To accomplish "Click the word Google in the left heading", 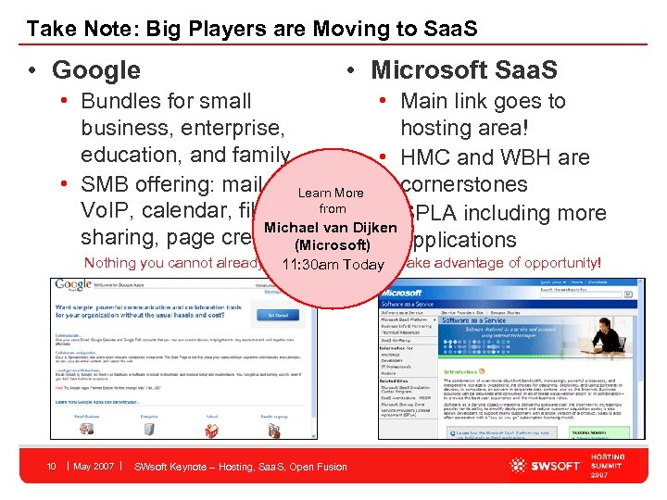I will [96, 69].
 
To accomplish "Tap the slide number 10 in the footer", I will [54, 466].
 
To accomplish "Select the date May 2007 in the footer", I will [94, 466].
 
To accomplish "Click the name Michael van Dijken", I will [331, 228].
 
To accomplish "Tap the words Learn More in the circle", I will [331, 193].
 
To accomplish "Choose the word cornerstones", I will [464, 184].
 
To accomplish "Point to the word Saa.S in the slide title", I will [444, 29].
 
